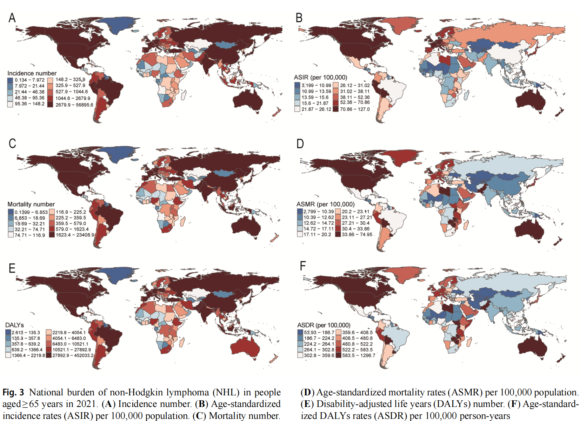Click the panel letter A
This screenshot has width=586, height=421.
pyautogui.click(x=12, y=18)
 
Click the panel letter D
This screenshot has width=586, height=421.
pyautogui.click(x=300, y=143)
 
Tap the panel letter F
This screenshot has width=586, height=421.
pyautogui.click(x=302, y=266)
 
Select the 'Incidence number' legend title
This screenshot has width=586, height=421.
pyautogui.click(x=32, y=73)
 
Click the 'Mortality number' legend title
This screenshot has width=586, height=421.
pyautogui.click(x=31, y=204)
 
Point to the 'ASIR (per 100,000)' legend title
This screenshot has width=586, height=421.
pyautogui.click(x=320, y=77)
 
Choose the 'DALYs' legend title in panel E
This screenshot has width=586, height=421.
pyautogui.click(x=15, y=325)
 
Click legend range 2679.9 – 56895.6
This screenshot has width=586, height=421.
pyautogui.click(x=74, y=105)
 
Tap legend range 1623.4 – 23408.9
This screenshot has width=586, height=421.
pyautogui.click(x=75, y=235)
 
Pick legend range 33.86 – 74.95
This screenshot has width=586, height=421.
pyautogui.click(x=357, y=234)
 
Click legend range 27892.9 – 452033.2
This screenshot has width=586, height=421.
pyautogui.click(x=73, y=355)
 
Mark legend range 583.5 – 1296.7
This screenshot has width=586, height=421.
pyautogui.click(x=358, y=355)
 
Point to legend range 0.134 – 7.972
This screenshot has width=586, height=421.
pyautogui.click(x=29, y=80)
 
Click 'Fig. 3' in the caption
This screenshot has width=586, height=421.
pyautogui.click(x=13, y=392)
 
